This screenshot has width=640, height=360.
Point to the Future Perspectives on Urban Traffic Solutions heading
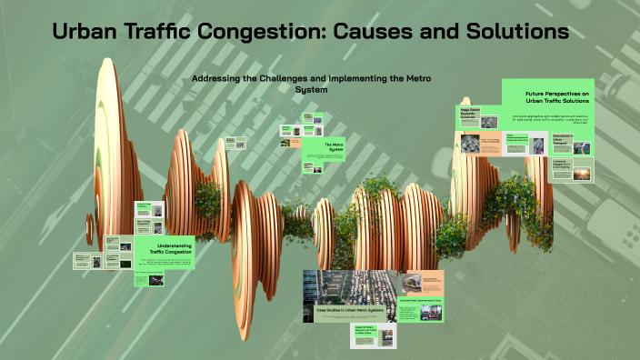[x=555, y=98]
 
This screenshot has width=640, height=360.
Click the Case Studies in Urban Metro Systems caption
[x=350, y=311]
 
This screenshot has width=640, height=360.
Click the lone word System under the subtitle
[x=311, y=89]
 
